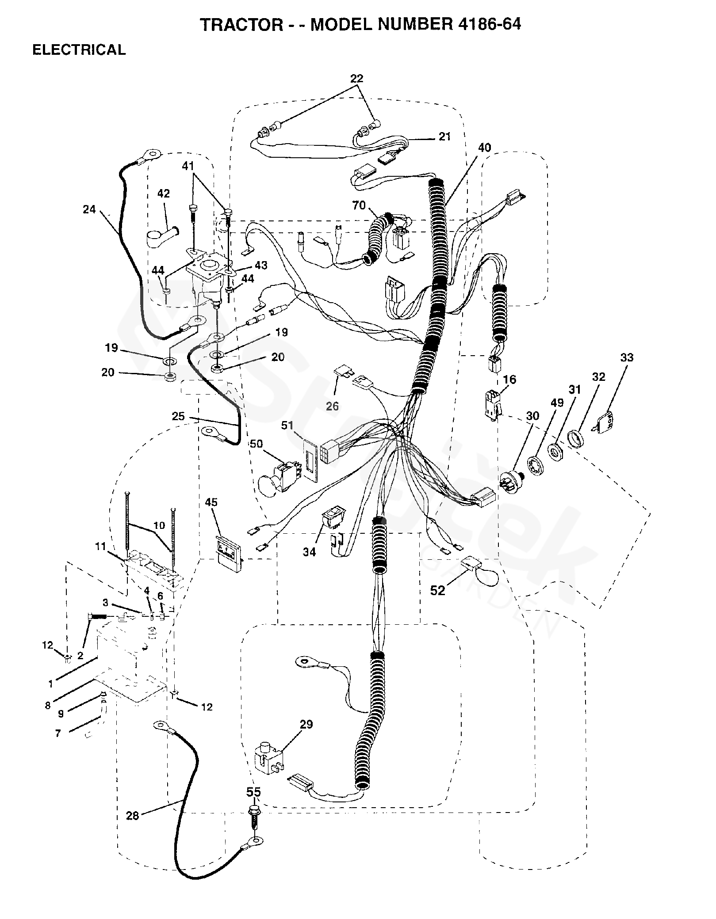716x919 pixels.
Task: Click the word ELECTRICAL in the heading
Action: pos(79,50)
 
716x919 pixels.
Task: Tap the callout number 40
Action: pos(485,148)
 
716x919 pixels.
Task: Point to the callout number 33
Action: pos(627,357)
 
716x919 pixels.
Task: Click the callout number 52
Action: pos(437,590)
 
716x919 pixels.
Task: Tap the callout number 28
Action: pos(132,816)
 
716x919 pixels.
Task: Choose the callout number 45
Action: pos(211,502)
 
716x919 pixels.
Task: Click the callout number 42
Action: pos(163,194)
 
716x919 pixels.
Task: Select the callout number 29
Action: pos(306,724)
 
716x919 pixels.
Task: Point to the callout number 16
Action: pos(509,379)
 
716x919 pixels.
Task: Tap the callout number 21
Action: pos(444,137)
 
